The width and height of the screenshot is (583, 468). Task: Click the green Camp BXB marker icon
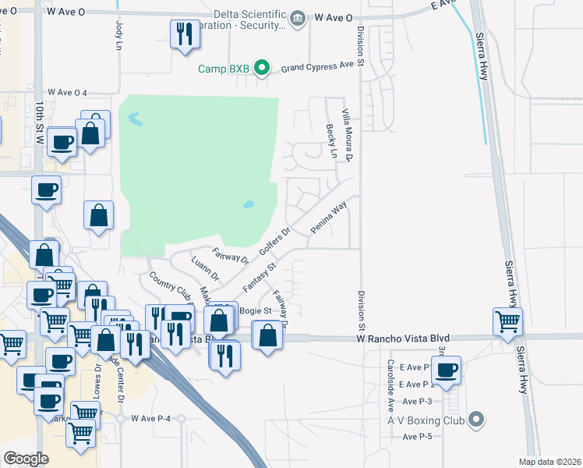[263, 69]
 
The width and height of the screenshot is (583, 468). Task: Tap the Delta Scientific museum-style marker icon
[297, 18]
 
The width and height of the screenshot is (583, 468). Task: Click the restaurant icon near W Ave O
[185, 34]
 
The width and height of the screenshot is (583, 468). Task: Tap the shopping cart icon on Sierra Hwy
[507, 320]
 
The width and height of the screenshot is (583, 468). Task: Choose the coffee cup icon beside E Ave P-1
[447, 370]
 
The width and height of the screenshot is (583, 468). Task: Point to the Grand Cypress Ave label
[317, 67]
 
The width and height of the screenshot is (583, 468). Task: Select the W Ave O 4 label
[67, 92]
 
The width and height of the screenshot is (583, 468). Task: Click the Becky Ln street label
[331, 141]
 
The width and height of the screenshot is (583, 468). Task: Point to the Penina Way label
[328, 218]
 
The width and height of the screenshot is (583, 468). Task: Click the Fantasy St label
[260, 277]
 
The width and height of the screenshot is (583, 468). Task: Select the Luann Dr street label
[206, 269]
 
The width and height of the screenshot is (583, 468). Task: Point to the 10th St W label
[40, 122]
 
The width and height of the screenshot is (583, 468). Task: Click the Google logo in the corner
[26, 458]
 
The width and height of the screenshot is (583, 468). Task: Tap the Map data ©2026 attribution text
[549, 462]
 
